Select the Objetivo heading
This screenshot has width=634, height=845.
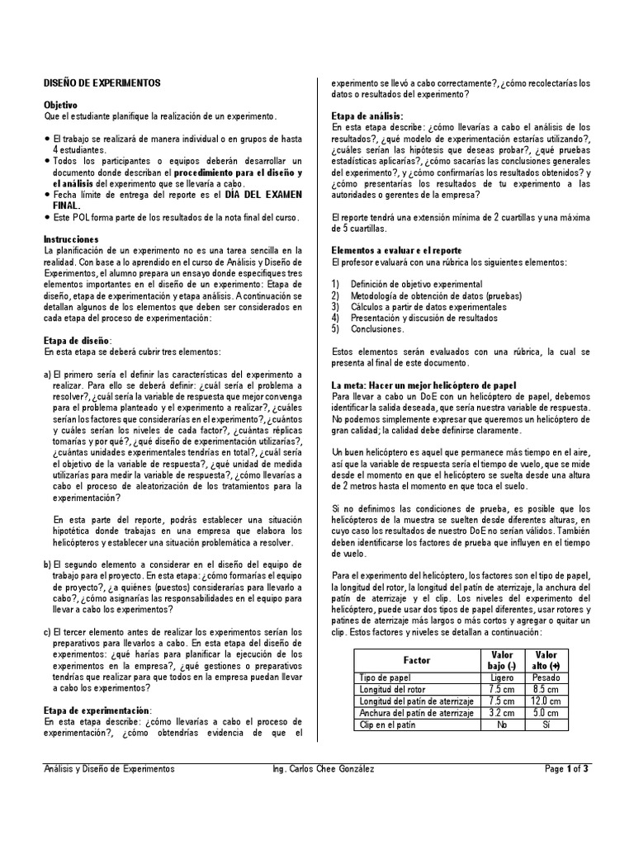click(x=60, y=106)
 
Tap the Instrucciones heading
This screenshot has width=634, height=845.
click(x=71, y=238)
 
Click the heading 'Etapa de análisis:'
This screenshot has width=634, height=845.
click(x=367, y=116)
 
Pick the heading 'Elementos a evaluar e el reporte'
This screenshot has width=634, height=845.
click(x=396, y=250)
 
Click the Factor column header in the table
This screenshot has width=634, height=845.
click(x=416, y=660)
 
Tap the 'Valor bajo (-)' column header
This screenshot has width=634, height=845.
click(x=502, y=660)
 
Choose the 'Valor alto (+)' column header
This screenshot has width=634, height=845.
click(x=546, y=660)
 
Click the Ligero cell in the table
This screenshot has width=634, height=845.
click(x=502, y=677)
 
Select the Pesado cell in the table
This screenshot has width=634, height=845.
click(x=546, y=677)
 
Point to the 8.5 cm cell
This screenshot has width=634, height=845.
click(x=546, y=689)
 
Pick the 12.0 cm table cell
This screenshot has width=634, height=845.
click(x=546, y=701)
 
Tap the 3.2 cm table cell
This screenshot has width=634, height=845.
click(x=502, y=713)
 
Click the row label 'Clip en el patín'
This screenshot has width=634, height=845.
click(x=389, y=725)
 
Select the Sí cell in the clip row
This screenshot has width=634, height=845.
click(x=546, y=725)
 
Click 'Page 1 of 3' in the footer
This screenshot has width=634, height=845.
click(x=566, y=769)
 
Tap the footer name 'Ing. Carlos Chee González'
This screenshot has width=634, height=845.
click(x=323, y=769)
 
